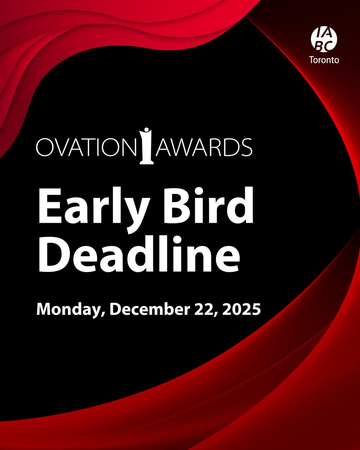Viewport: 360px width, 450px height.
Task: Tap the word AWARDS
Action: click(x=204, y=147)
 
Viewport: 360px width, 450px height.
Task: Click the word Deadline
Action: click(x=139, y=255)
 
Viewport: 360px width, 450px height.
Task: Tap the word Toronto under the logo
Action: click(x=323, y=60)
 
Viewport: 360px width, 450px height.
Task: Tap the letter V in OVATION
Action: click(x=61, y=147)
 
